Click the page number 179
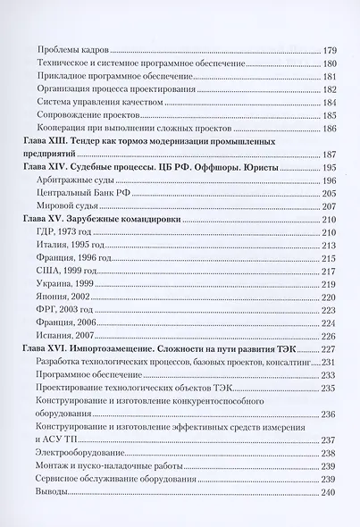click(327, 50)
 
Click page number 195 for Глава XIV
click(327, 168)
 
